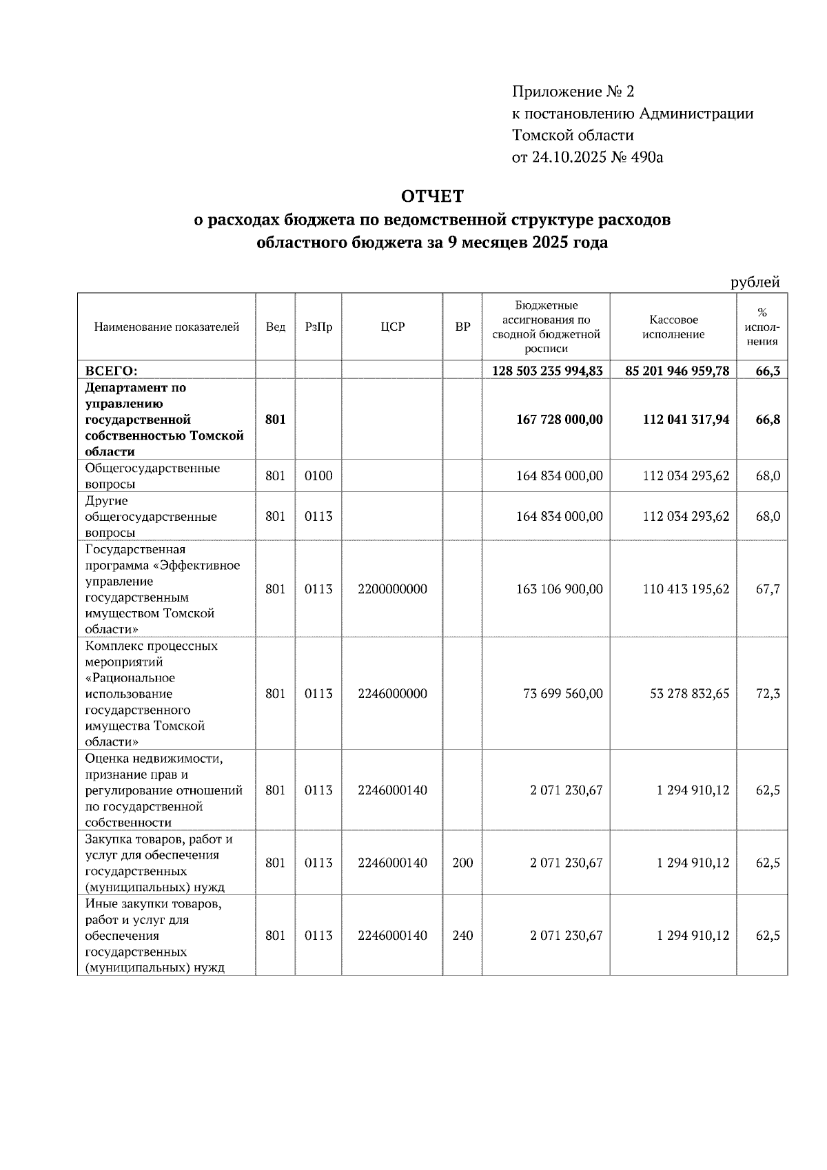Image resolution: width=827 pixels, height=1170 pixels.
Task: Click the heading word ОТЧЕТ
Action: click(x=432, y=197)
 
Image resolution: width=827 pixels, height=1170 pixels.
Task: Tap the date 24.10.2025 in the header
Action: click(x=570, y=158)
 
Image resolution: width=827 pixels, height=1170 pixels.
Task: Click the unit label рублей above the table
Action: click(x=755, y=282)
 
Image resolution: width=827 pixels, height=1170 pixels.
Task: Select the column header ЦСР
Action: click(x=392, y=327)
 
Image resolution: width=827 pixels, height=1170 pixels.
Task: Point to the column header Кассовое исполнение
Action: click(x=673, y=327)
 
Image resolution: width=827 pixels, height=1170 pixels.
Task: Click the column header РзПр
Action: click(x=318, y=327)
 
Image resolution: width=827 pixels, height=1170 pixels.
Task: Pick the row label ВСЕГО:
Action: click(x=111, y=371)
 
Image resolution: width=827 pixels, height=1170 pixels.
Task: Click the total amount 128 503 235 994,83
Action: click(x=547, y=371)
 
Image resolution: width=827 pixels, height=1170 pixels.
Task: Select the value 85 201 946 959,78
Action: click(x=677, y=371)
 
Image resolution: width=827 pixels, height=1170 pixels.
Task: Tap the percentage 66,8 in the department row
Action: click(x=768, y=420)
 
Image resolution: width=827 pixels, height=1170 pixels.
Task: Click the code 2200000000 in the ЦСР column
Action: click(x=392, y=590)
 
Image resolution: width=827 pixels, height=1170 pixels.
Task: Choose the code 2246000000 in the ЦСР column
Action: click(x=392, y=694)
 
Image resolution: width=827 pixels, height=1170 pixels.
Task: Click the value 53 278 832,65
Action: click(x=689, y=694)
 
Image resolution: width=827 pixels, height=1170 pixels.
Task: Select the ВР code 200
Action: click(x=462, y=863)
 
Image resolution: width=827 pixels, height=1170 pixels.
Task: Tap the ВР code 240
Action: click(x=462, y=936)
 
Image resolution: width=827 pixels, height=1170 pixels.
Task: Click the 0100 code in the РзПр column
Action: click(x=318, y=476)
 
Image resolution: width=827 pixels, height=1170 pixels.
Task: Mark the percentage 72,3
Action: click(x=768, y=694)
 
